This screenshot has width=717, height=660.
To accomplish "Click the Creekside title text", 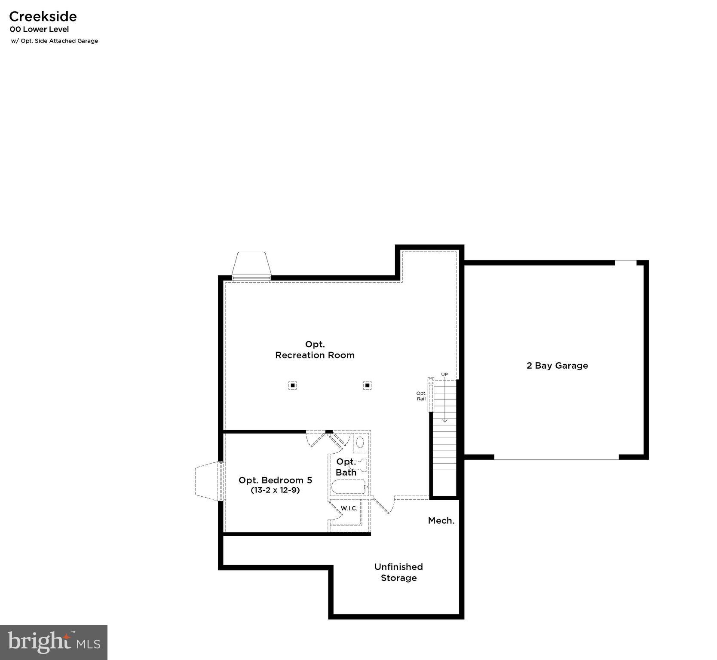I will [43, 16].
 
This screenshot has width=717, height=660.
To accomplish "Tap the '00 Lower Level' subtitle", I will [39, 29].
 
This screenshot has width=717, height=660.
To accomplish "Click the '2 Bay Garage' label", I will [557, 366].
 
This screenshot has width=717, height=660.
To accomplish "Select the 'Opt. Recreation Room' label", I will [315, 350].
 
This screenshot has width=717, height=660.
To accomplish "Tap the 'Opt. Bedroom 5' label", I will [275, 480].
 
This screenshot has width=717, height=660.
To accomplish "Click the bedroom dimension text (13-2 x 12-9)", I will [275, 490].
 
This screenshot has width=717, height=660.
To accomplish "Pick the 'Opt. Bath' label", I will [346, 467].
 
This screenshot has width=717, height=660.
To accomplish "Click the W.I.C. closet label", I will [349, 508].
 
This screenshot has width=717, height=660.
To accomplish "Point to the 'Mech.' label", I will [441, 521].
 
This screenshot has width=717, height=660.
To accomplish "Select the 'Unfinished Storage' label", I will [398, 572].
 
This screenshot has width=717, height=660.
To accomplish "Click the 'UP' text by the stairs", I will [444, 375].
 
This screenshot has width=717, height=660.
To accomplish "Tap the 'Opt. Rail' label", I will [421, 396].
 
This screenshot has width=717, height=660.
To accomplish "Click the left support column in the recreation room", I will [292, 385].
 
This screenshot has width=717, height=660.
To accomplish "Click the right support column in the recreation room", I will [367, 385].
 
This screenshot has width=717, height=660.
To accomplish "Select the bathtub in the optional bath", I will [348, 487].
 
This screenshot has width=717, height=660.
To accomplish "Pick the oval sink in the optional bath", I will [360, 442].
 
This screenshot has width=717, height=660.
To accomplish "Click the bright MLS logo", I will [54, 642].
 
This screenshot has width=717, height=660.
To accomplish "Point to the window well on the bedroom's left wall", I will [208, 481].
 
